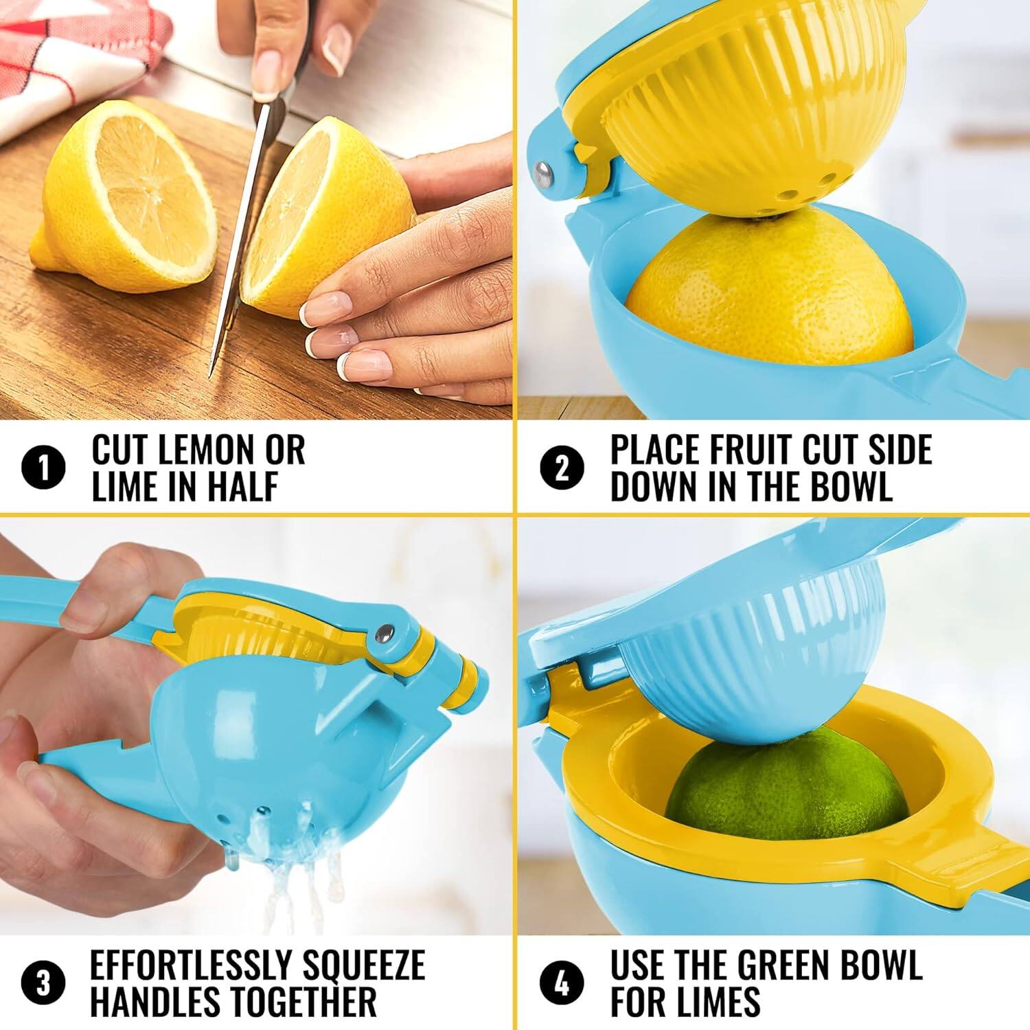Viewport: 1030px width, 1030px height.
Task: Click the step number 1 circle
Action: pyautogui.click(x=44, y=469)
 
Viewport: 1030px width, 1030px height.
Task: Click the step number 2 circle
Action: pyautogui.click(x=562, y=469)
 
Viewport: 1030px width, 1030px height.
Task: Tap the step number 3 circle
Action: pyautogui.click(x=44, y=983)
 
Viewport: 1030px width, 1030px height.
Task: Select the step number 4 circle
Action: pyautogui.click(x=562, y=983)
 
